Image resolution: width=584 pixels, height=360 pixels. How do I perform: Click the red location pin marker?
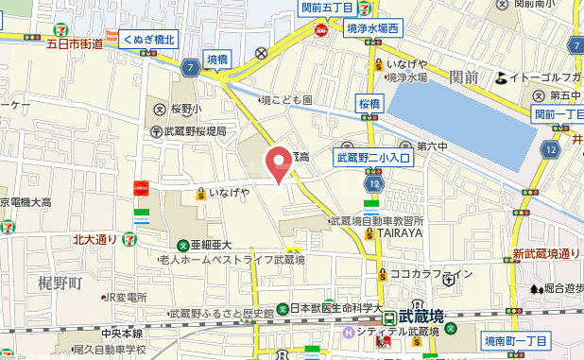(278, 163)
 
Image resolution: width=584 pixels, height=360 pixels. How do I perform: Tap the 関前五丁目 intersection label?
(328, 8)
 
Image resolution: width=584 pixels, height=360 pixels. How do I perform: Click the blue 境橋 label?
(217, 60)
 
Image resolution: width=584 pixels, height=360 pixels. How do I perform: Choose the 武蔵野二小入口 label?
(375, 158)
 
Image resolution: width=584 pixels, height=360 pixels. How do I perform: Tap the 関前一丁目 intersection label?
(558, 114)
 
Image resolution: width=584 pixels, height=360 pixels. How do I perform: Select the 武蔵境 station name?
(421, 316)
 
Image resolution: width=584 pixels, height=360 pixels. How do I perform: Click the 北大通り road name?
(94, 240)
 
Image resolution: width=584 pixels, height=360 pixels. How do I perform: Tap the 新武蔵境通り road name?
(545, 254)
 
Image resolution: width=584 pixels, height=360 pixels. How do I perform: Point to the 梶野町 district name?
(60, 283)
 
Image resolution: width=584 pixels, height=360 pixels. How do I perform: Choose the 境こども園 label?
(286, 99)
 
